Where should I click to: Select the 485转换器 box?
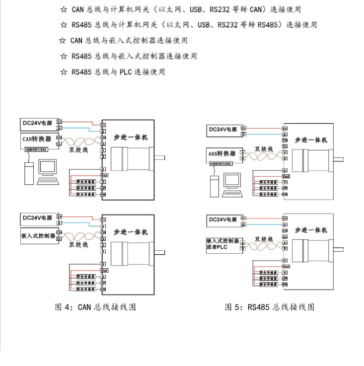[222, 154]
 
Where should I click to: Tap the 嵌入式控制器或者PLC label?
[223, 244]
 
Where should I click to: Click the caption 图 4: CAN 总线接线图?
[95, 307]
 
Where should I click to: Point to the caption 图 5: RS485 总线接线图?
[270, 307]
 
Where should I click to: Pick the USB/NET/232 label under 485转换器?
[221, 163]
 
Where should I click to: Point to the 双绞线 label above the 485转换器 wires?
[264, 149]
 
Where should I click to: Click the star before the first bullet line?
[63, 9]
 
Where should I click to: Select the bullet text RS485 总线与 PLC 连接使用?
[118, 72]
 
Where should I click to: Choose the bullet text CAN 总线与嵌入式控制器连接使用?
[129, 40]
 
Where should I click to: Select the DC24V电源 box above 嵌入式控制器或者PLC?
[223, 220]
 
